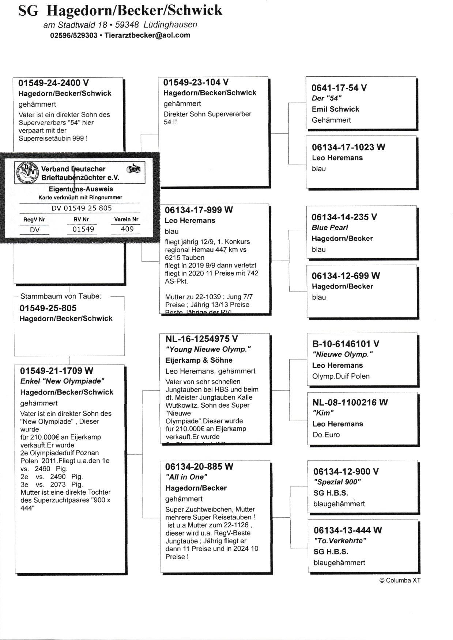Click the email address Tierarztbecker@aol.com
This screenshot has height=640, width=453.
click(147, 35)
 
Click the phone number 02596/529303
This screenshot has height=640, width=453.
click(74, 35)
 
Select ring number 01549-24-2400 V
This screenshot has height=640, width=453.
click(53, 83)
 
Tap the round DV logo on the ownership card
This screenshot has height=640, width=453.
click(28, 172)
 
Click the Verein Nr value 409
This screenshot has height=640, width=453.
click(127, 229)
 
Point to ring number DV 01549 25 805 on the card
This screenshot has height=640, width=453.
click(82, 208)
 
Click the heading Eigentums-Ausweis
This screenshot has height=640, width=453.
click(81, 189)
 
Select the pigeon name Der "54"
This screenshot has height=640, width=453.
click(326, 98)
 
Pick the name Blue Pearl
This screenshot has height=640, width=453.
click(330, 227)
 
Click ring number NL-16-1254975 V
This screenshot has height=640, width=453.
click(201, 339)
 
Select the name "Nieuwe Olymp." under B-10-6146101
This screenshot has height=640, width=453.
click(342, 354)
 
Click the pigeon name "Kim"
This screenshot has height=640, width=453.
click(323, 413)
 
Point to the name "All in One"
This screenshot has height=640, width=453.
click(186, 477)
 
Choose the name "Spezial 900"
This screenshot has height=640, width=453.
click(337, 482)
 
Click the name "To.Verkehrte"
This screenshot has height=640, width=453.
click(340, 541)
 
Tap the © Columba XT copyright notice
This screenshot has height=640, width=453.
click(400, 580)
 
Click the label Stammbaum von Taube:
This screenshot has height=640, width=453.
click(61, 296)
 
